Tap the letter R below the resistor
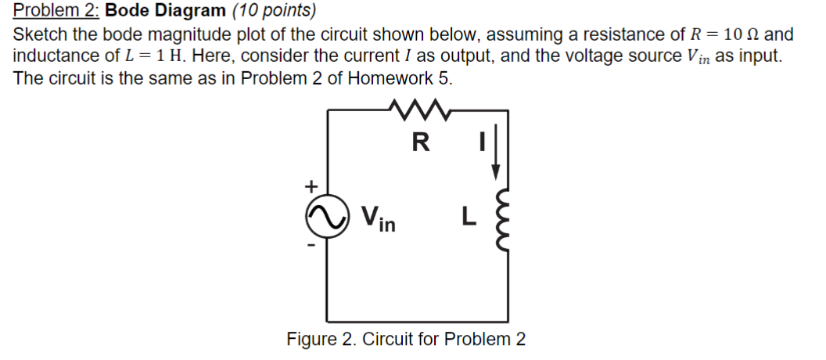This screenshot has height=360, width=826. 420,142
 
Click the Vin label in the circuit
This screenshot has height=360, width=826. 378,219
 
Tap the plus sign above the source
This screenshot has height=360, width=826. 311,186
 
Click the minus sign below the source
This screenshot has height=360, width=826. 311,248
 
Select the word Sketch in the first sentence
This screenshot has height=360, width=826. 41,35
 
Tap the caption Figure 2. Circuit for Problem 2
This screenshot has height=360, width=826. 406,340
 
